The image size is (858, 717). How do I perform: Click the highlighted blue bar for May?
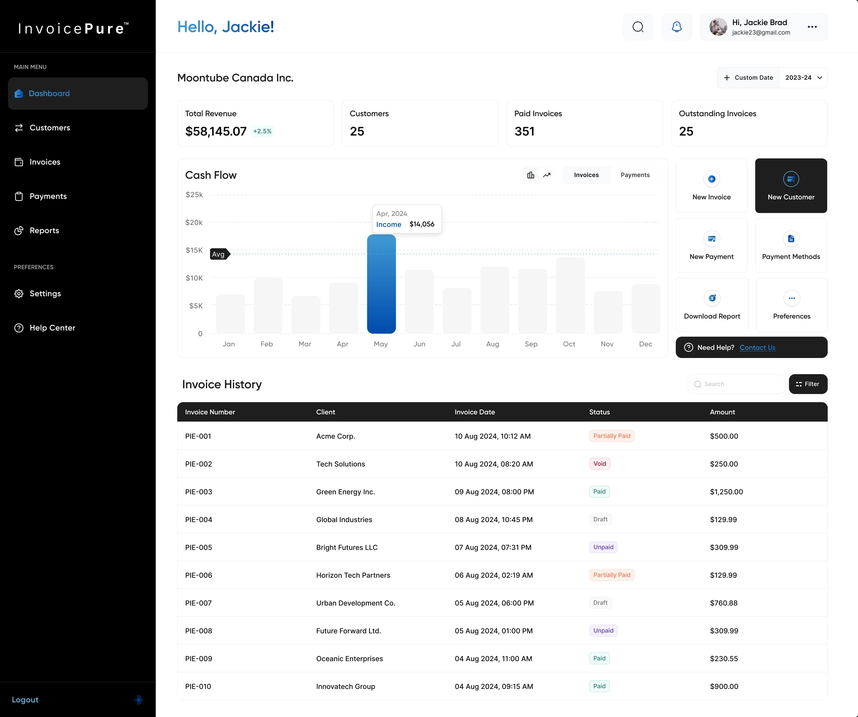tap(381, 284)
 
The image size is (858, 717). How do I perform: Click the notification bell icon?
tap(677, 27)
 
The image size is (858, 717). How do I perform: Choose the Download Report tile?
tap(712, 305)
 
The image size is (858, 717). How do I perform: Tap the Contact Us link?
tap(757, 347)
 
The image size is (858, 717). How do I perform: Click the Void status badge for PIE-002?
tap(599, 464)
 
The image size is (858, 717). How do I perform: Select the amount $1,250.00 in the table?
tap(726, 492)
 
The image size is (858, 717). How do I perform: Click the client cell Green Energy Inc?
tap(345, 492)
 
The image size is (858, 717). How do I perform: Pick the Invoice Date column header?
tap(474, 412)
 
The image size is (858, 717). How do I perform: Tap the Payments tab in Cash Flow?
tap(635, 175)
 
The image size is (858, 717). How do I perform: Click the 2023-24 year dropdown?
tap(803, 78)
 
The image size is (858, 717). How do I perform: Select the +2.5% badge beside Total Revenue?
tap(262, 131)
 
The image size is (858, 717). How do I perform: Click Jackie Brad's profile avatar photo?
tap(718, 27)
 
